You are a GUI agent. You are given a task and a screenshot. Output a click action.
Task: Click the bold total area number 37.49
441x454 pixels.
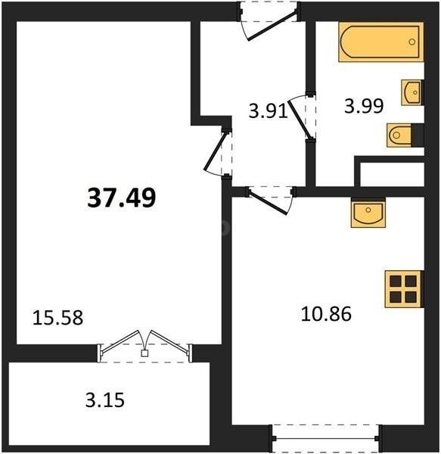(122, 197)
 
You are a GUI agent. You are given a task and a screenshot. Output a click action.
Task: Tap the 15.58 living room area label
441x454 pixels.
(58, 318)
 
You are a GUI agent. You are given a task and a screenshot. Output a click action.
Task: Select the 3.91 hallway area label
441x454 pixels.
(269, 111)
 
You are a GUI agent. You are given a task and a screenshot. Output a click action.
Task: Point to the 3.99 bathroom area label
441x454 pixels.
(364, 106)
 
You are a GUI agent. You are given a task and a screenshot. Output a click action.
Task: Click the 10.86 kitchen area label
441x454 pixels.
(326, 314)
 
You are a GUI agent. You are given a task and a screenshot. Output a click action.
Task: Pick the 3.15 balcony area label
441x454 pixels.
(105, 400)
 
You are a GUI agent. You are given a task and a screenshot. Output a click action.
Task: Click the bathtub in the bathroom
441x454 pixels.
(381, 42)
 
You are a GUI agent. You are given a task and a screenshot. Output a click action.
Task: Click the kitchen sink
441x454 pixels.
(368, 213)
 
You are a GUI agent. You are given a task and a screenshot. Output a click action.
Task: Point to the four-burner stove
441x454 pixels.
(404, 289)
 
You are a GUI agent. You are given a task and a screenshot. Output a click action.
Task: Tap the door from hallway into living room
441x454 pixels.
(218, 152)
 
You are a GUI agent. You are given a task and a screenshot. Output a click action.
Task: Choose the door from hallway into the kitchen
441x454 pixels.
(271, 200)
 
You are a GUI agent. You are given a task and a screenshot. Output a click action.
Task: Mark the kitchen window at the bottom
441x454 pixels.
(325, 439)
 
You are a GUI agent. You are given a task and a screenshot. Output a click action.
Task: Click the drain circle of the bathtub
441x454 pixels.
(411, 42)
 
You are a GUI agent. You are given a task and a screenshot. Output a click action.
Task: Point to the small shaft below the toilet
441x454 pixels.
(392, 174)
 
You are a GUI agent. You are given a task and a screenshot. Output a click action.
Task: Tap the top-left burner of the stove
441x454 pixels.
(396, 281)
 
